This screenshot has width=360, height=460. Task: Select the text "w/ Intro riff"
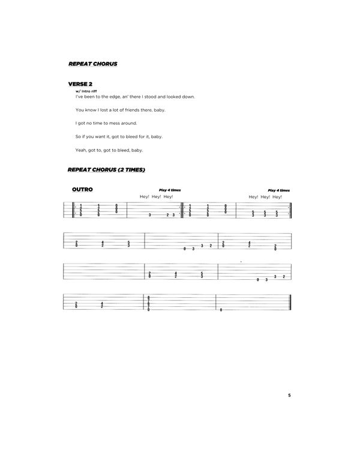click(x=87, y=91)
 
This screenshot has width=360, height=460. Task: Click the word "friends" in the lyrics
click(x=135, y=110)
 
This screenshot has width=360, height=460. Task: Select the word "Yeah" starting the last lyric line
click(x=81, y=150)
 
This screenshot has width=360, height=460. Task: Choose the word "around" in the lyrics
click(x=132, y=123)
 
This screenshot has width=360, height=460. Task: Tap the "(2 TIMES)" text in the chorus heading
click(x=131, y=170)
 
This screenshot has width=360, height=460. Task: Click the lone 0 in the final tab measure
click(x=221, y=309)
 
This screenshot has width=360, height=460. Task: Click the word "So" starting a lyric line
click(x=79, y=137)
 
